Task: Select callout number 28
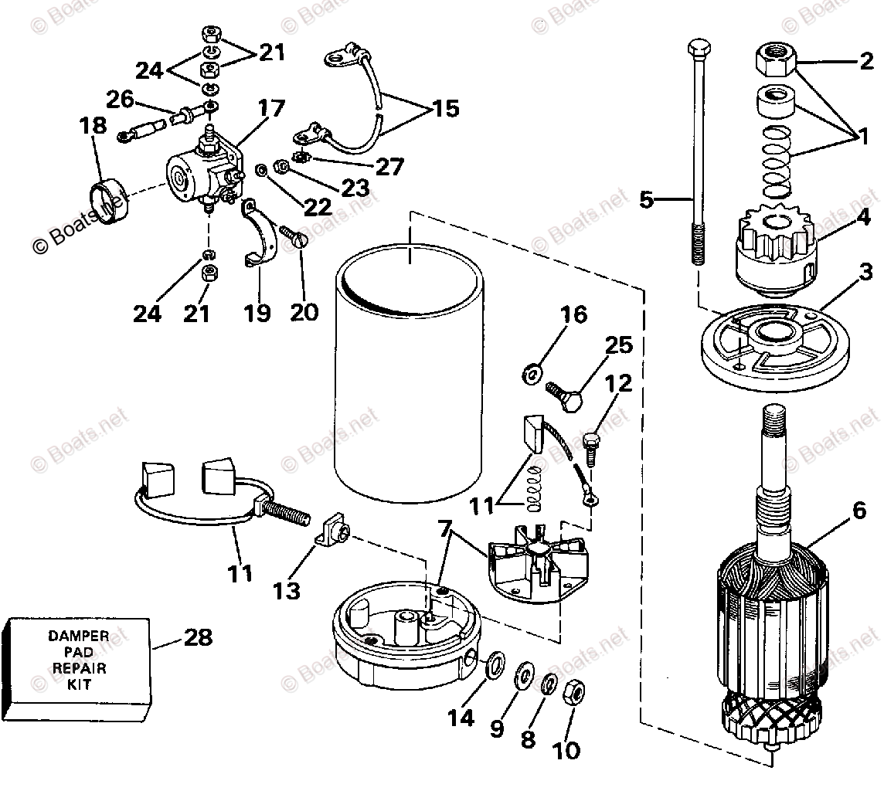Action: (x=197, y=638)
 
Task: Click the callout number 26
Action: (x=120, y=100)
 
